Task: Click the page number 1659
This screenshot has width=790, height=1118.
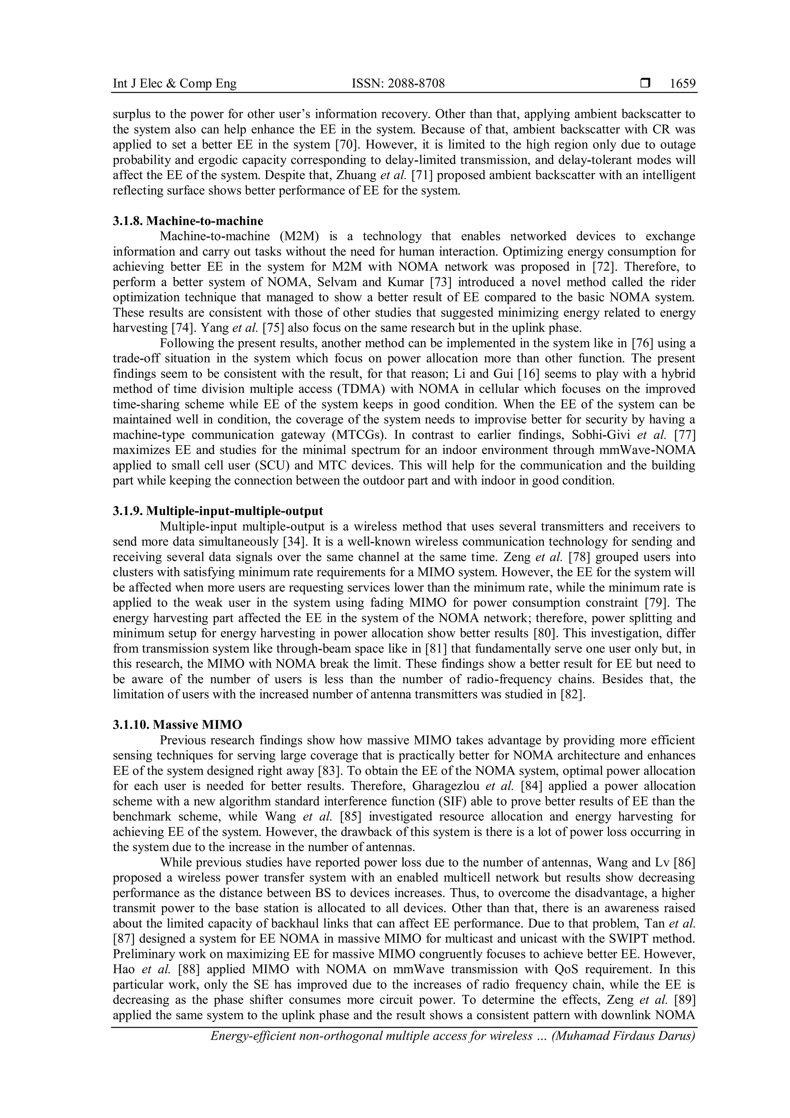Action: pos(682,84)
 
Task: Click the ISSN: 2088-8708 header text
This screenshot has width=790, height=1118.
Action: pos(398,84)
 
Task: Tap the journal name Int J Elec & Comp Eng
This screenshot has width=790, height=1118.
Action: pos(175,84)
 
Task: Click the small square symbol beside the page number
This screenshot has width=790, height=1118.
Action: pos(645,84)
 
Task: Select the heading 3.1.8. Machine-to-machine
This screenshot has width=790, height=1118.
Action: pos(188,221)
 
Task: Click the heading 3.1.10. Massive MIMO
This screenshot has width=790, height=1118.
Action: pos(177,725)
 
